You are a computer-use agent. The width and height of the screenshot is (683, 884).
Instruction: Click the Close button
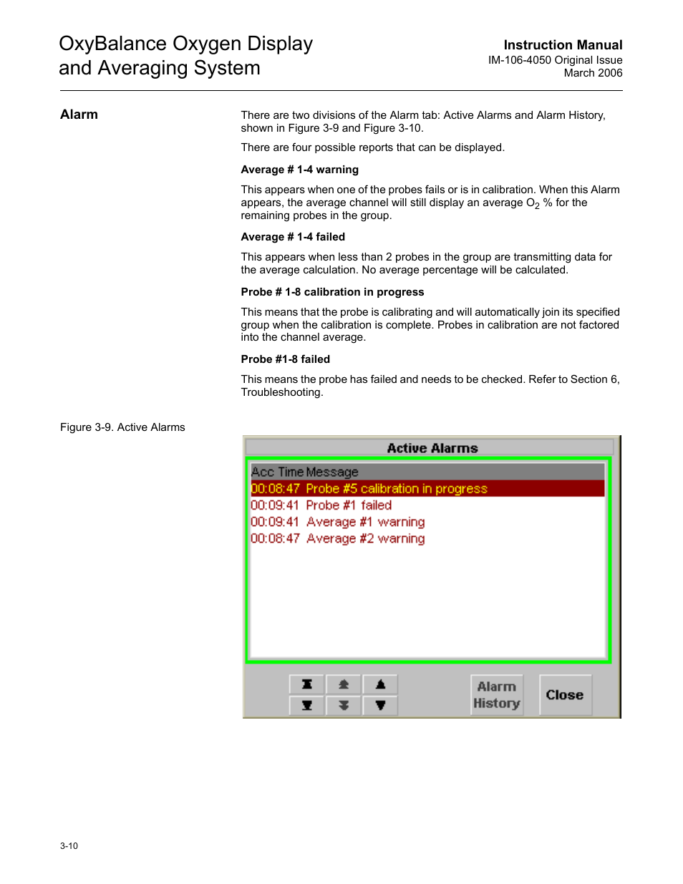pyautogui.click(x=565, y=694)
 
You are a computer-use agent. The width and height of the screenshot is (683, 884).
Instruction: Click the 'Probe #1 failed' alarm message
pyautogui.click(x=348, y=505)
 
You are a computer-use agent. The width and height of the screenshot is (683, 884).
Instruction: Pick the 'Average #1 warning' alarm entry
pyautogui.click(x=365, y=522)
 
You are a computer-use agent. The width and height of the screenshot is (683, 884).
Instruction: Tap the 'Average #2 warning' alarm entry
pyautogui.click(x=365, y=538)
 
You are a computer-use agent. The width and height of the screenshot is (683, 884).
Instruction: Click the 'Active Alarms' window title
pyautogui.click(x=432, y=448)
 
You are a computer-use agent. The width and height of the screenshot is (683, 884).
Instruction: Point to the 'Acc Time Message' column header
pyautogui.click(x=305, y=472)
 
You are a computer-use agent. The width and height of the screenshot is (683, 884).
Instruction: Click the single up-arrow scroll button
pyautogui.click(x=380, y=685)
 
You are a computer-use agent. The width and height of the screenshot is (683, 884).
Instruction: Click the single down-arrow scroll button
pyautogui.click(x=380, y=705)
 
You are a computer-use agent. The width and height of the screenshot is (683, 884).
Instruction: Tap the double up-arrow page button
pyautogui.click(x=344, y=685)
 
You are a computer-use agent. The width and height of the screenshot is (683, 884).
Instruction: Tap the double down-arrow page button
pyautogui.click(x=344, y=705)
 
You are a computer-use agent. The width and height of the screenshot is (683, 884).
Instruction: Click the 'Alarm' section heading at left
pyautogui.click(x=79, y=115)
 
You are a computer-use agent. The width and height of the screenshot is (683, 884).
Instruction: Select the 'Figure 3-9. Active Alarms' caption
pyautogui.click(x=122, y=427)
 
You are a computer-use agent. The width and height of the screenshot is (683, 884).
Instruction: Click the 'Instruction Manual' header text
pyautogui.click(x=563, y=45)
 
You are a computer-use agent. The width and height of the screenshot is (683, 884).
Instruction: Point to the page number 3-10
pyautogui.click(x=69, y=845)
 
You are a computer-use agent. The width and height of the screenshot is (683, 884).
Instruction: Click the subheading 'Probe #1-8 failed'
pyautogui.click(x=285, y=359)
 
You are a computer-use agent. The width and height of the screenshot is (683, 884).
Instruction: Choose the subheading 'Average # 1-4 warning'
pyautogui.click(x=299, y=170)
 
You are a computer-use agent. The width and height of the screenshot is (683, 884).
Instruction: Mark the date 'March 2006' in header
pyautogui.click(x=593, y=73)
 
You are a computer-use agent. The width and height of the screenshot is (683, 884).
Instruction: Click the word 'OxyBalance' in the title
pyautogui.click(x=112, y=44)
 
